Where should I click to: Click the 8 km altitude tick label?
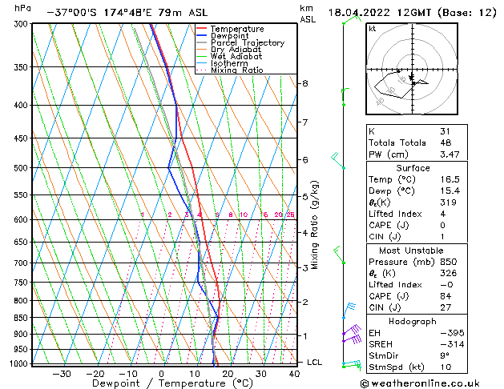[x=304, y=83]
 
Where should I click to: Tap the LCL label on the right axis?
[x=316, y=363]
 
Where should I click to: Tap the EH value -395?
[x=450, y=332]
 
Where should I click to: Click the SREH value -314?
[x=450, y=343]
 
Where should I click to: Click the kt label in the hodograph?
[x=373, y=28]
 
